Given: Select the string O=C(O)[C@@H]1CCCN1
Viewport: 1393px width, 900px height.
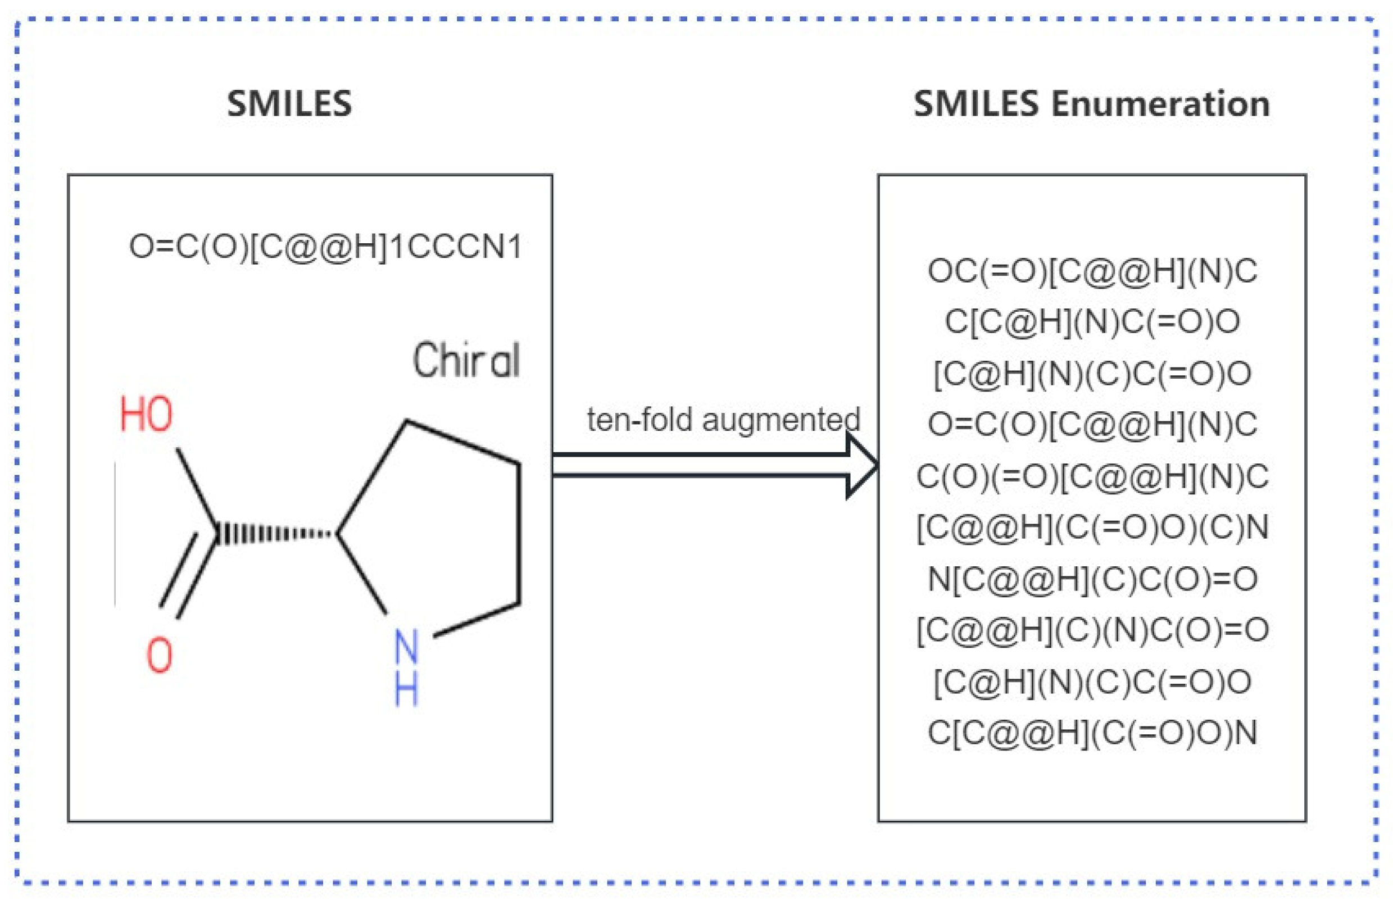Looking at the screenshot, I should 325,247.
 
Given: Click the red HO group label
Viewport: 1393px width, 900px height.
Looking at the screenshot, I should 146,414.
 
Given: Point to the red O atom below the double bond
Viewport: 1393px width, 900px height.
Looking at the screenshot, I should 159,655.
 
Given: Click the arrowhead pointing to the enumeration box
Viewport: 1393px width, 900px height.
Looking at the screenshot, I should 861,465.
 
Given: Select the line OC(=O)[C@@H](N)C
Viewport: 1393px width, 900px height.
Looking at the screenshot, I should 1092,271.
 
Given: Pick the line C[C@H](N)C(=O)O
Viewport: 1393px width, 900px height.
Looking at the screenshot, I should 1092,321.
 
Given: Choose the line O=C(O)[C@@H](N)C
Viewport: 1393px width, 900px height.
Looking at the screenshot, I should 1092,424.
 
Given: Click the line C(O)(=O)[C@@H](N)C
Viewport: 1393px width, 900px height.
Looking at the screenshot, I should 1092,476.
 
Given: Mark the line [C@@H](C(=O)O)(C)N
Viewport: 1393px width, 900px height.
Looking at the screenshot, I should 1092,527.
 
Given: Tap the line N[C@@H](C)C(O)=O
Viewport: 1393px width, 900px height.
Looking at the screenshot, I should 1092,579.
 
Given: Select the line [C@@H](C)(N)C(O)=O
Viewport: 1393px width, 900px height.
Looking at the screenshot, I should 1092,629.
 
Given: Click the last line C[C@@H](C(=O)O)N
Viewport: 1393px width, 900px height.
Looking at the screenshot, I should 1092,732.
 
